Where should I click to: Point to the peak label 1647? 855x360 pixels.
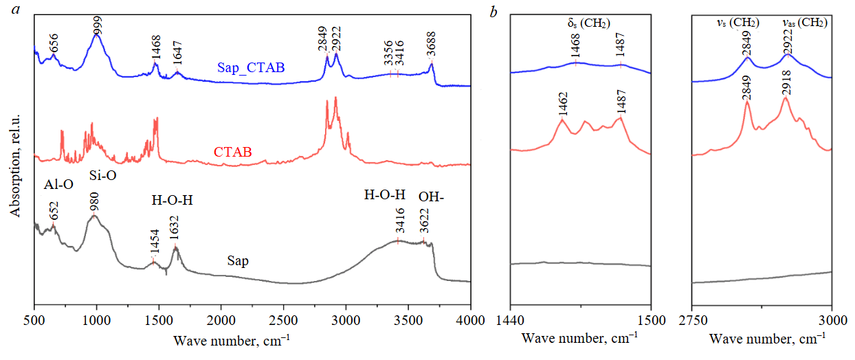(177, 55)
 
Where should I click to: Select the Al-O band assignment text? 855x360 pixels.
(58, 185)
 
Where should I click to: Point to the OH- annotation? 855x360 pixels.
(432, 196)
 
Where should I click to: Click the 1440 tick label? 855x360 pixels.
(510, 319)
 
